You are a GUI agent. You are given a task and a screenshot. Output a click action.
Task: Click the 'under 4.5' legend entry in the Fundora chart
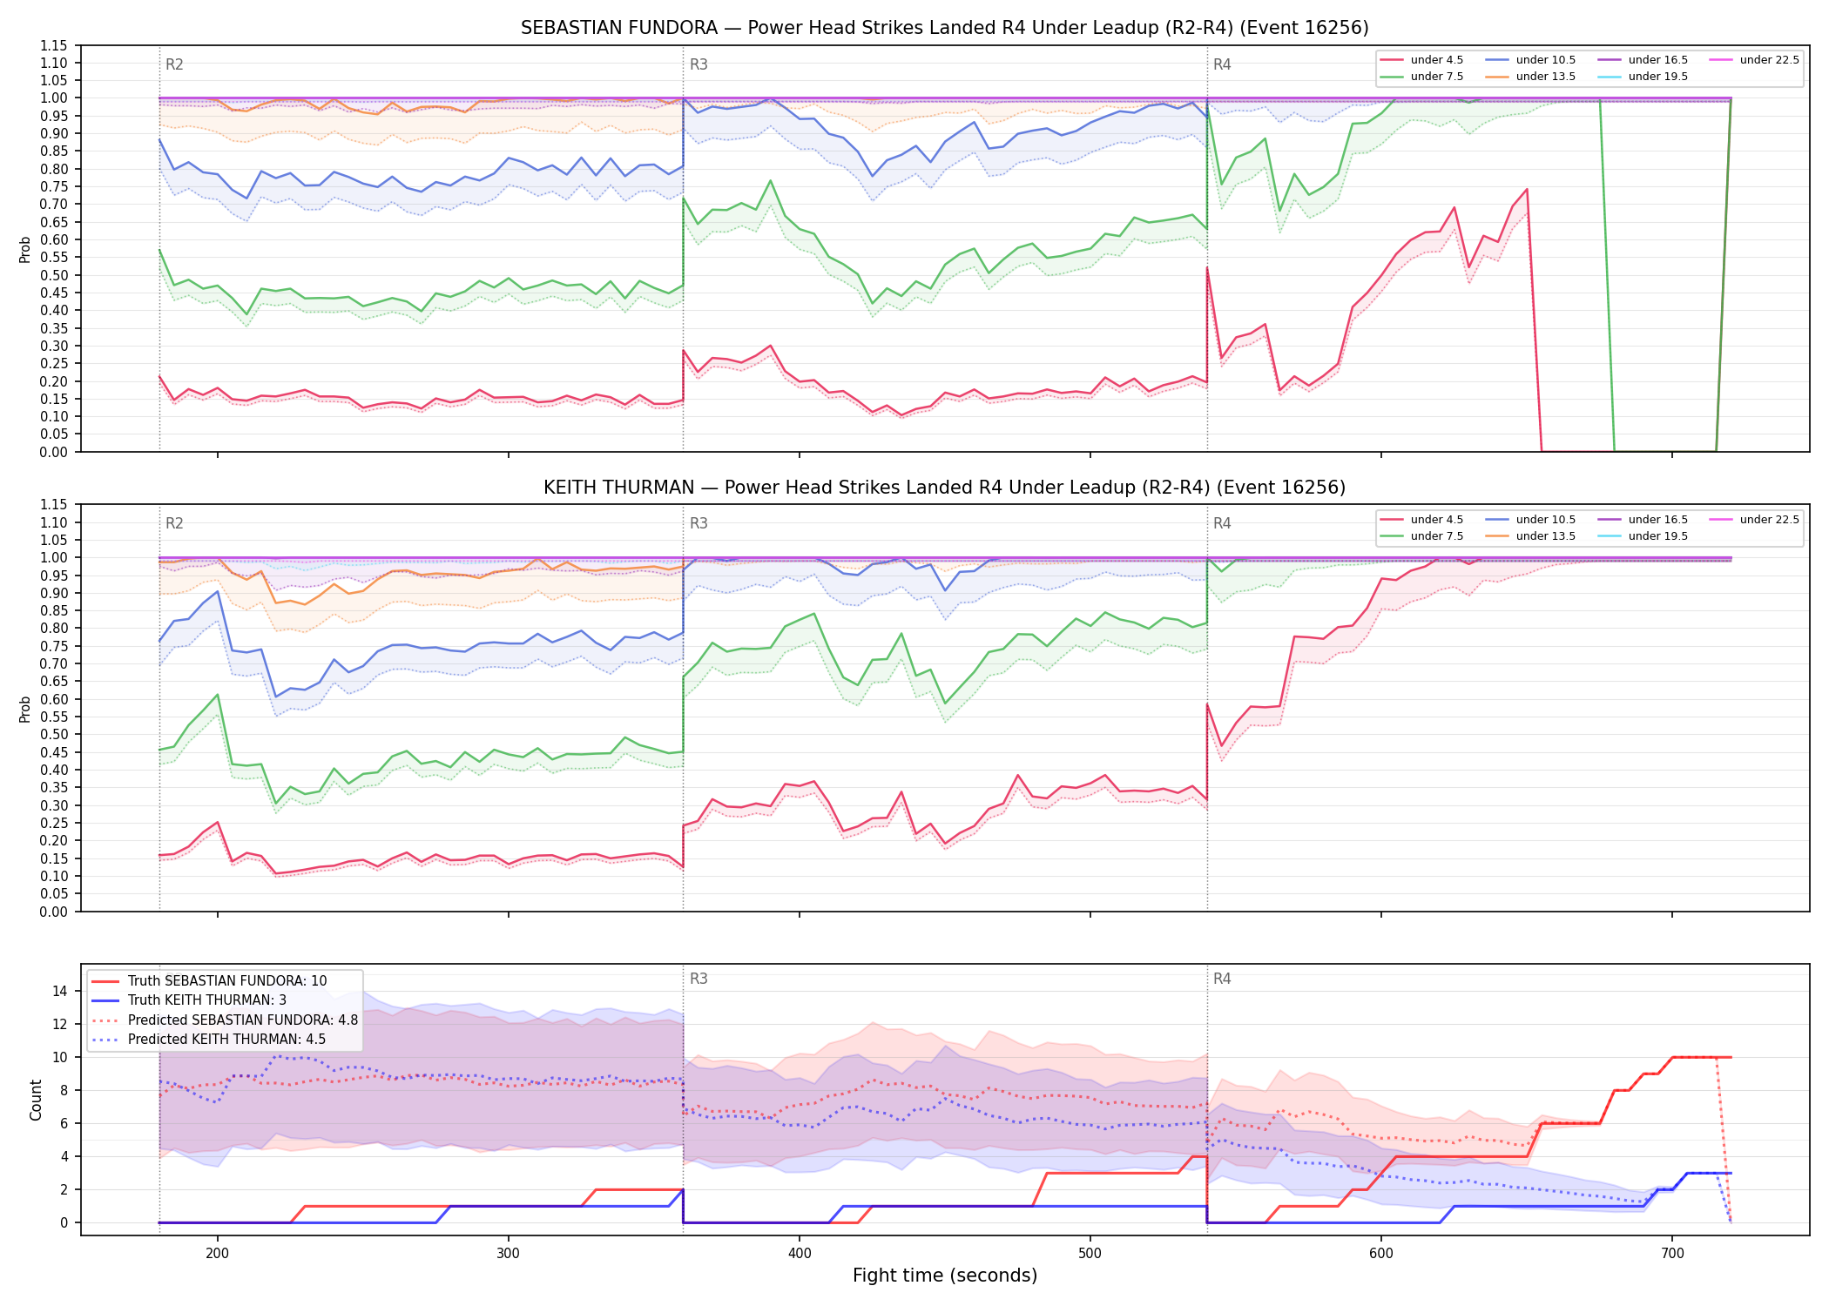point(1421,60)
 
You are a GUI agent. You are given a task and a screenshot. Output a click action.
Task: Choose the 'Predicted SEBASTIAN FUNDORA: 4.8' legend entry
point(225,1020)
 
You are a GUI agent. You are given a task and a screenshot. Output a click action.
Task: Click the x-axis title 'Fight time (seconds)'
point(945,1276)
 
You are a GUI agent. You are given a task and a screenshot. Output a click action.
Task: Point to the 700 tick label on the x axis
point(1672,1254)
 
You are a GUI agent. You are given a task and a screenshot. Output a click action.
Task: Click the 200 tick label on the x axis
point(218,1254)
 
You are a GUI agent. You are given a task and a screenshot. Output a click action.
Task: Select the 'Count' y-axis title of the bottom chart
point(36,1100)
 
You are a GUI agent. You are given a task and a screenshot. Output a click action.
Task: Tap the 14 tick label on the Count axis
point(60,991)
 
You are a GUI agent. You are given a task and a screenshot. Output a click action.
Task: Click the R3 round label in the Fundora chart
point(699,64)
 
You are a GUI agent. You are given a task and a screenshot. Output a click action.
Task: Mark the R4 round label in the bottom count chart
point(1222,979)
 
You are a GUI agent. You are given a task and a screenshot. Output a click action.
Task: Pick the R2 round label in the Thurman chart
point(174,523)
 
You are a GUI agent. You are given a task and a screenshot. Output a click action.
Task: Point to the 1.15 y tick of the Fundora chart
point(54,45)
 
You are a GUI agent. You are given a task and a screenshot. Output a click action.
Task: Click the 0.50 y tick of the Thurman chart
point(54,735)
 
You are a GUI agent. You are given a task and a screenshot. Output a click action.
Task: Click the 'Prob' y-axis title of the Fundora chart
point(25,249)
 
